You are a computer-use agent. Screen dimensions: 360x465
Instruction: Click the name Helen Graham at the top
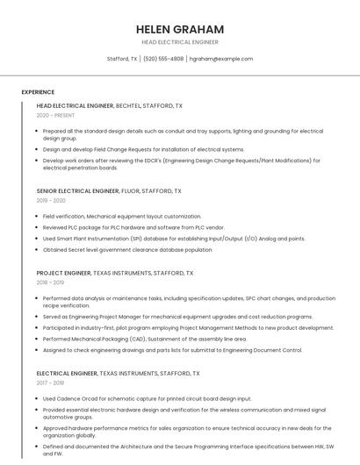point(179,29)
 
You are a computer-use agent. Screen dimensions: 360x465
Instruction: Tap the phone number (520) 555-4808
point(163,59)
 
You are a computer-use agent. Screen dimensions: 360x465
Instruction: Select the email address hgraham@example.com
point(221,59)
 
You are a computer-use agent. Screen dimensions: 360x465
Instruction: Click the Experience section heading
point(38,92)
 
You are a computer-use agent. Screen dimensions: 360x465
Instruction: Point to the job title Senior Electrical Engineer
point(78,190)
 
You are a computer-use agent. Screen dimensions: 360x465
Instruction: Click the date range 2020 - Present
point(55,115)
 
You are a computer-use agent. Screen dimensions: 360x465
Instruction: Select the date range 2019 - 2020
point(51,200)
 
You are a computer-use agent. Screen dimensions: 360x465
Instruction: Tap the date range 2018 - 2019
point(51,283)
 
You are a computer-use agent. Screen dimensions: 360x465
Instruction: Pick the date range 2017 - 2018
point(51,383)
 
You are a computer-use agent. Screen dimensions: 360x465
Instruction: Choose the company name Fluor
point(131,190)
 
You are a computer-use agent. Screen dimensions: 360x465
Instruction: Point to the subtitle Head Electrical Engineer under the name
point(179,42)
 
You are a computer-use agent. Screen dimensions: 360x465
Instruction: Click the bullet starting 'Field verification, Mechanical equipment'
point(122,216)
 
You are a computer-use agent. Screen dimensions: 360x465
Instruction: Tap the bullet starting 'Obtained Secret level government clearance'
point(127,249)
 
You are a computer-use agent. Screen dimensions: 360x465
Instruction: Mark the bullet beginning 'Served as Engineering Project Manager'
point(177,317)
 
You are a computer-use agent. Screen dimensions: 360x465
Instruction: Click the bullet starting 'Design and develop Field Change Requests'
point(143,149)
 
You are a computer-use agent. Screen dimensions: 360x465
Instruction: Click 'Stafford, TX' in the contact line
point(122,59)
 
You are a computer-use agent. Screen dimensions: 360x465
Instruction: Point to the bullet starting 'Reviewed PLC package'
point(127,226)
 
